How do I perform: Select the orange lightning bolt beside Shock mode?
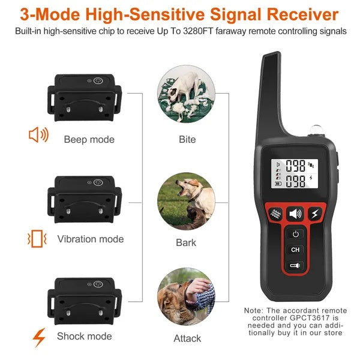point(39,338)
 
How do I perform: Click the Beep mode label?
point(89,139)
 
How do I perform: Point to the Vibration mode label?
point(91,239)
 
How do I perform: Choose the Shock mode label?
point(85,337)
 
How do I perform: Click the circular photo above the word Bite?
point(186,97)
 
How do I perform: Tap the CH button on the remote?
point(295,250)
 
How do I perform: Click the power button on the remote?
point(295,233)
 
